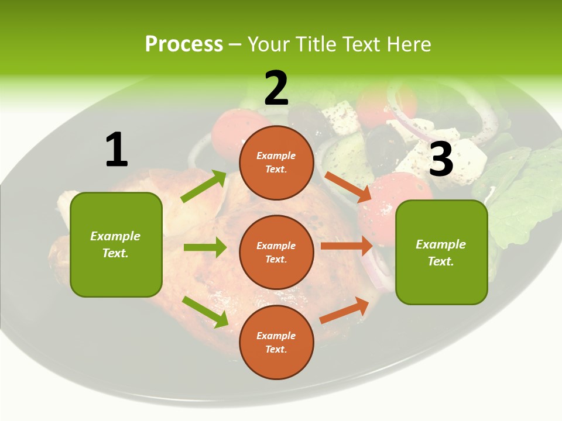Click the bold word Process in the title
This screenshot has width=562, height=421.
pos(184,44)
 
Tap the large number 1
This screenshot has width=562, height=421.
pos(116,150)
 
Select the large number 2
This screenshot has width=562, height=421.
pos(276,88)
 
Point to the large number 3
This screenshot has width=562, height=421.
pos(441,159)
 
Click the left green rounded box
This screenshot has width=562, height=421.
pos(116,244)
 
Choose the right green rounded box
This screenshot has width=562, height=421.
pos(441,252)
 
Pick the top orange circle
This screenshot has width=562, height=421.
pos(276,163)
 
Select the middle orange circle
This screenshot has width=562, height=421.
pos(276,252)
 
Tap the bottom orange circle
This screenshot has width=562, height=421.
pos(276,342)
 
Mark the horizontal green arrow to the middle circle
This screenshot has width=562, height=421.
pos(205,247)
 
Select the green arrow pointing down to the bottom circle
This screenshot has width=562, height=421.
pos(205,312)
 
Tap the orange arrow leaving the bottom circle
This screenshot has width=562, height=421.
pos(345,310)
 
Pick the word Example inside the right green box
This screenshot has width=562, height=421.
pos(441,244)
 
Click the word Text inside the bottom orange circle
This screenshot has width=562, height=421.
pos(276,349)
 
